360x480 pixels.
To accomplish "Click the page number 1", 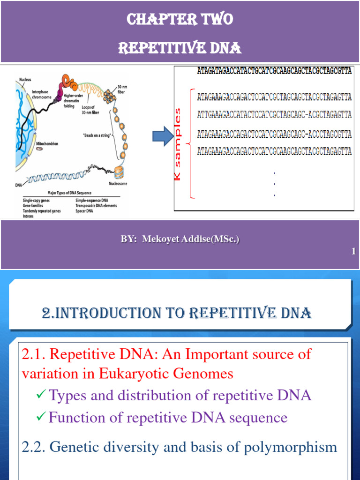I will click(x=353, y=252).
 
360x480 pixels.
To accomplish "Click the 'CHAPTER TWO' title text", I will click(x=180, y=20).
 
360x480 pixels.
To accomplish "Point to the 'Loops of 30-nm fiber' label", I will click(x=93, y=110).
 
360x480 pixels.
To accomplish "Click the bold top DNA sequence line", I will click(x=275, y=72).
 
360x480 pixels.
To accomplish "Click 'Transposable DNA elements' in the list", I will click(x=96, y=205).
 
